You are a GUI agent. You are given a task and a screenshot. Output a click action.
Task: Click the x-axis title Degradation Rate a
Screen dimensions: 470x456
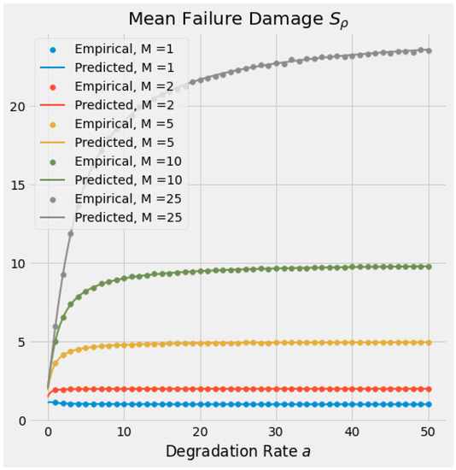(237, 451)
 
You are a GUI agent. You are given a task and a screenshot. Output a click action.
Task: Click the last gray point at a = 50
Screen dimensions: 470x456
(428, 50)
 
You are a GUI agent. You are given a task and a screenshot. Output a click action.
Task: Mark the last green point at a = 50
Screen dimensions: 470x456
(428, 267)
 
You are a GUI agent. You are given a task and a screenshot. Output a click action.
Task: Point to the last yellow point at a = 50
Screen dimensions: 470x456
(428, 342)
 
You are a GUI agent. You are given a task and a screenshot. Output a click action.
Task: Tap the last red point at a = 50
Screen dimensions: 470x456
(428, 389)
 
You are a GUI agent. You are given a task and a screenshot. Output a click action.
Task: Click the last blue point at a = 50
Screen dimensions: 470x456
(428, 404)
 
